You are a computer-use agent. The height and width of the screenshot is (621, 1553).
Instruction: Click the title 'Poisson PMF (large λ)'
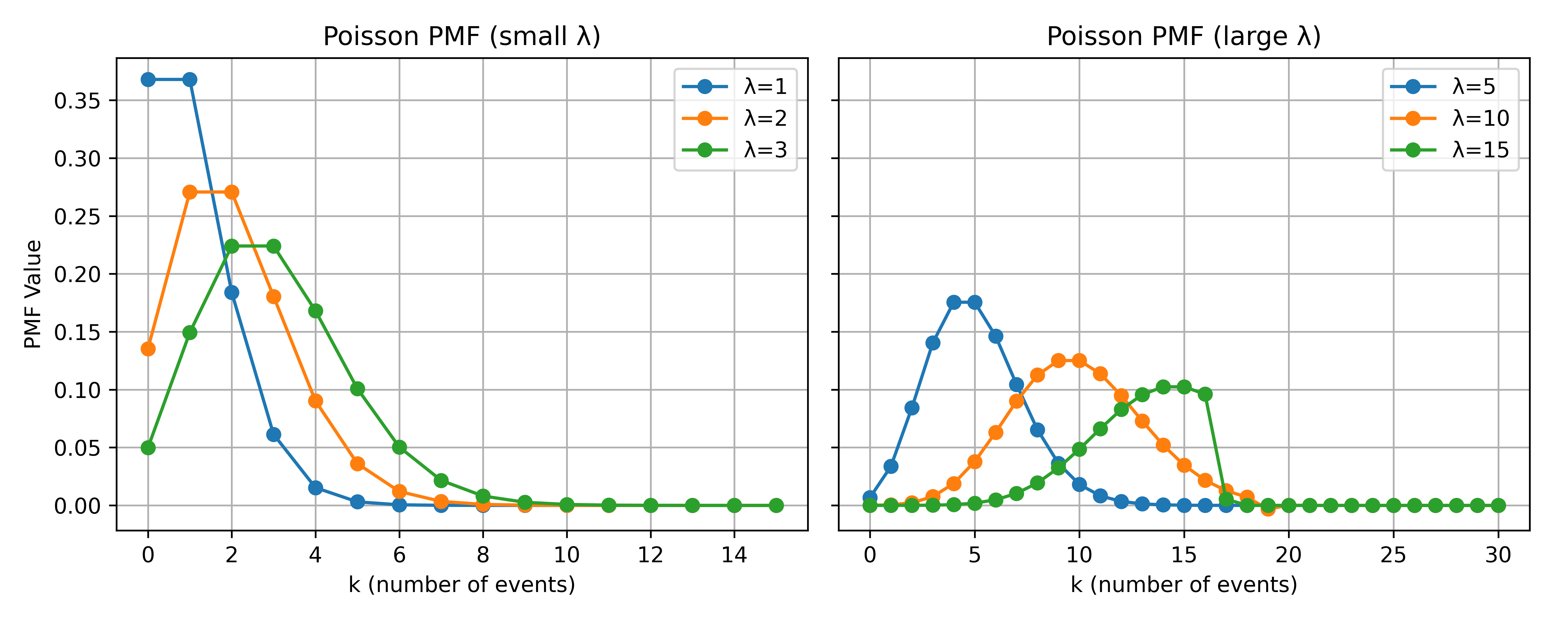[x=1183, y=37]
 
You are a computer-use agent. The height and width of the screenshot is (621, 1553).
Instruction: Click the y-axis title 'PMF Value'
[x=33, y=294]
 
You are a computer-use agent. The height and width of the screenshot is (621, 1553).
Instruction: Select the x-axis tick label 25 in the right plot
[x=1393, y=555]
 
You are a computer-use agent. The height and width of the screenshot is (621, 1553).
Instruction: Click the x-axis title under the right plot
[x=1183, y=585]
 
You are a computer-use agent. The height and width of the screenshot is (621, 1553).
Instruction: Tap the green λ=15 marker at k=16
[x=1205, y=394]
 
